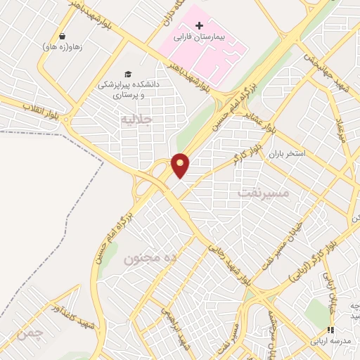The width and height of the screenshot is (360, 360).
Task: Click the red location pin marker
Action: (x=181, y=165)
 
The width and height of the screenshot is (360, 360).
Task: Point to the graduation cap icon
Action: (x=128, y=75)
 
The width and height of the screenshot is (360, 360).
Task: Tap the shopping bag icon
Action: (x=63, y=36)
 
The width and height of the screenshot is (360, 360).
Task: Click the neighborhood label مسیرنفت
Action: (x=264, y=191)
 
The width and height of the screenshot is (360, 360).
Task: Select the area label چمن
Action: (x=31, y=331)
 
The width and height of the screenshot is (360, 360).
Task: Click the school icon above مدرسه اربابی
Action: (x=330, y=330)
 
